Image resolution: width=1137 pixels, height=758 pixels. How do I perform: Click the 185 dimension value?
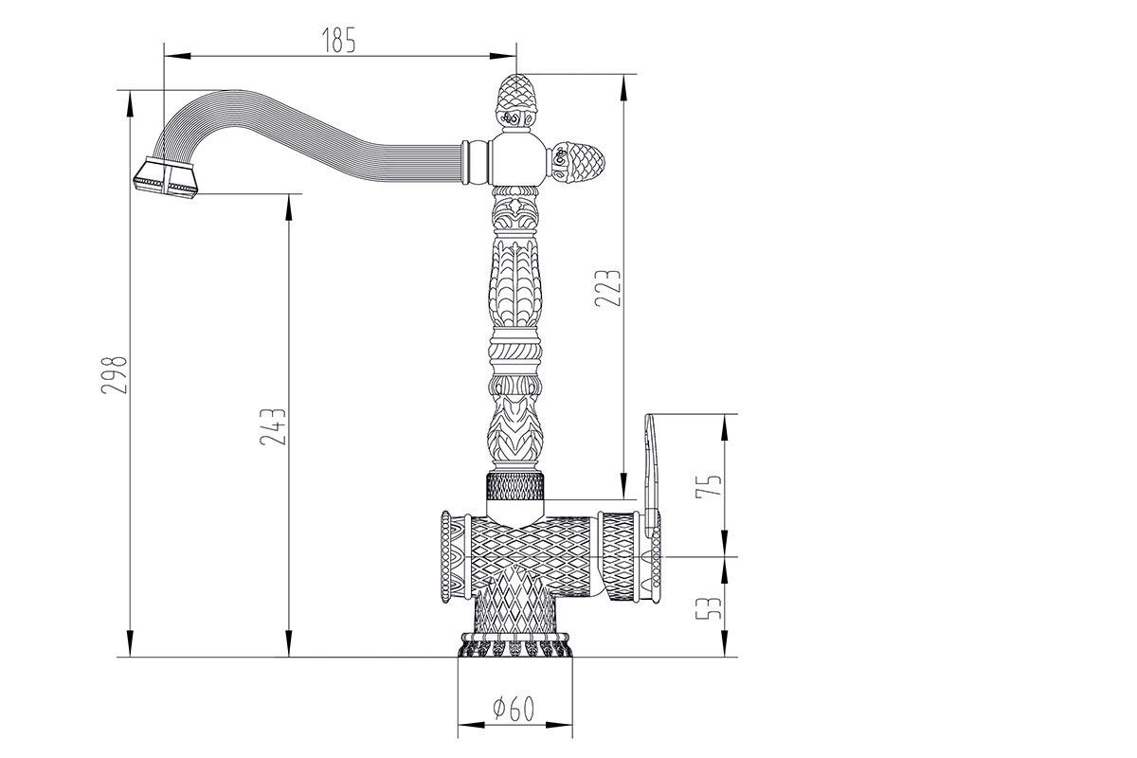pyautogui.click(x=339, y=40)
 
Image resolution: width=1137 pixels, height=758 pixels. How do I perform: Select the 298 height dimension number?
pyautogui.click(x=114, y=375)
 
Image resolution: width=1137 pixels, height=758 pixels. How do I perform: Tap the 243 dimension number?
pyautogui.click(x=273, y=427)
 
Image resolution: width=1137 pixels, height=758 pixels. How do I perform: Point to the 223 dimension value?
pyautogui.click(x=607, y=288)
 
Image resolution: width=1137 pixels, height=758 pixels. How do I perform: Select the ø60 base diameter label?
pyautogui.click(x=514, y=708)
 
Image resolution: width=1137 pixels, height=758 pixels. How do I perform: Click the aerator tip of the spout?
pyautogui.click(x=166, y=176)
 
